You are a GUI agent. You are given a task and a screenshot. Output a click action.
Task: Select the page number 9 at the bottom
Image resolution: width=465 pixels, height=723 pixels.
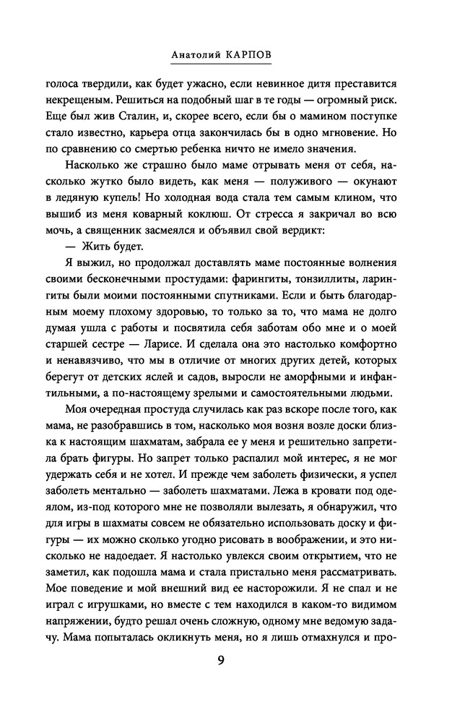232,660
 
